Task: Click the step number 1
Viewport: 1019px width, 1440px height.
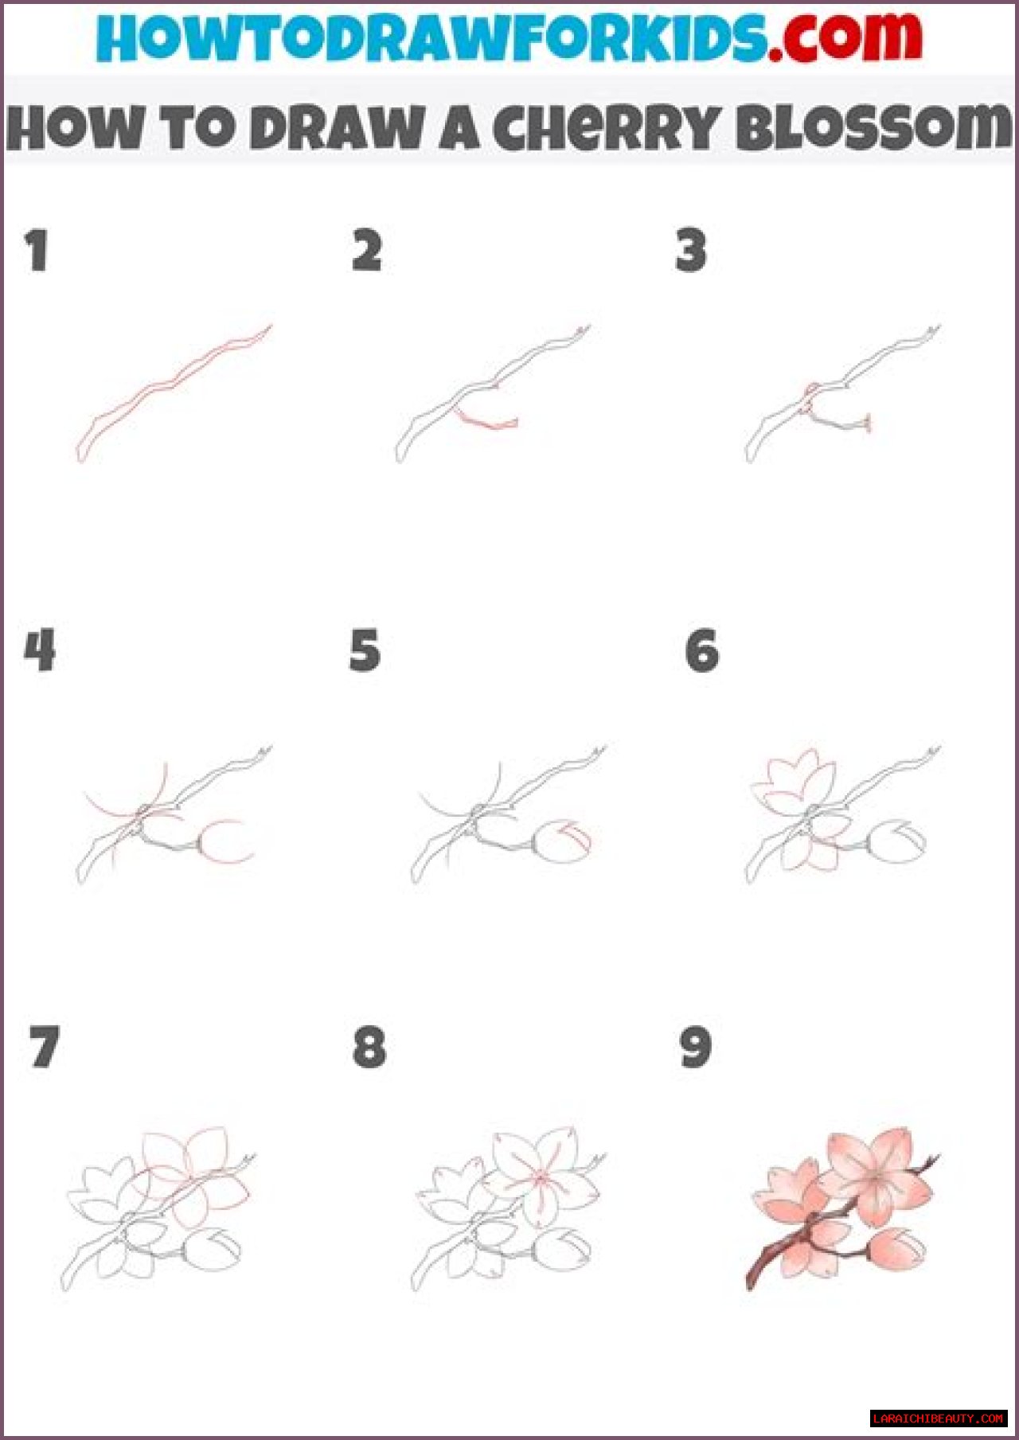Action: point(37,251)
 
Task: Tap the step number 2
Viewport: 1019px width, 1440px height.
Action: point(367,251)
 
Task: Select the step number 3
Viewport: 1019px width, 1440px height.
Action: point(690,251)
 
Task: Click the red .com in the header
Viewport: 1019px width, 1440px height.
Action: point(846,37)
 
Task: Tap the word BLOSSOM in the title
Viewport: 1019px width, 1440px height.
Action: point(873,127)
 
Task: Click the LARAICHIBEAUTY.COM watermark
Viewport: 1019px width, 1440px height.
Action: point(939,1418)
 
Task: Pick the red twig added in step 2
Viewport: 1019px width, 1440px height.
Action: point(486,419)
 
